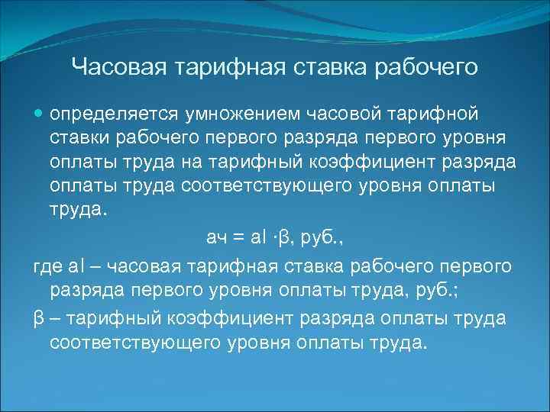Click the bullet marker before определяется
pyautogui.click(x=40, y=114)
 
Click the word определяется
pyautogui.click(x=113, y=114)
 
